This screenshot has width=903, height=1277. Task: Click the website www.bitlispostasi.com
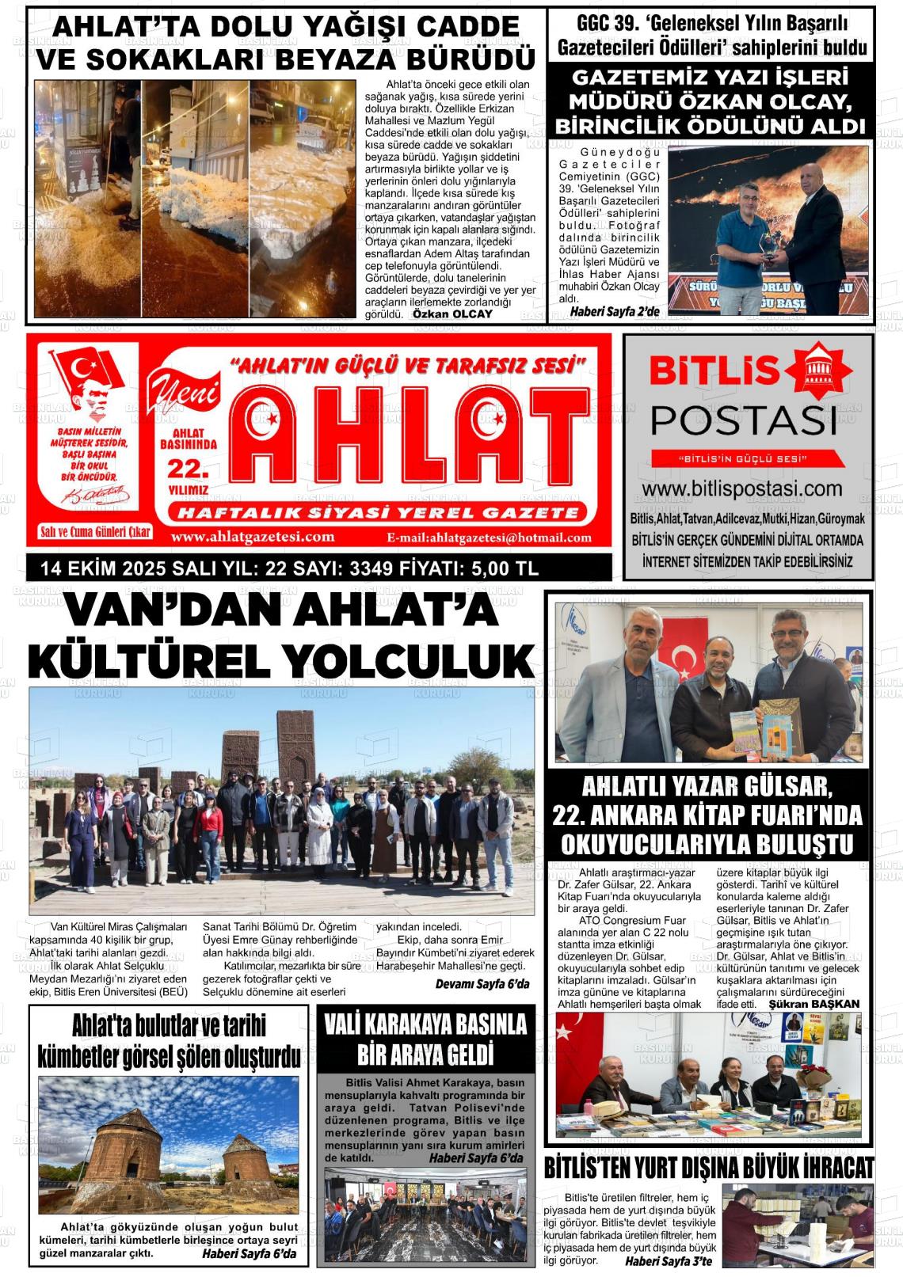(742, 489)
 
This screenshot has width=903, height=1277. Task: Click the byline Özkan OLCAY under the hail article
(452, 314)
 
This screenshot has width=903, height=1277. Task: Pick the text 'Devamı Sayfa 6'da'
(482, 984)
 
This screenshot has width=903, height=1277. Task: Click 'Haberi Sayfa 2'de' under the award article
(615, 312)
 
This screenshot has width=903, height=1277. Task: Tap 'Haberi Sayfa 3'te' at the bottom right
(669, 1261)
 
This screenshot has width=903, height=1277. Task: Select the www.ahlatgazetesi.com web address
(253, 537)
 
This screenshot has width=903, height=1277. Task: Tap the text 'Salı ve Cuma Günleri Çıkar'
(95, 532)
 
